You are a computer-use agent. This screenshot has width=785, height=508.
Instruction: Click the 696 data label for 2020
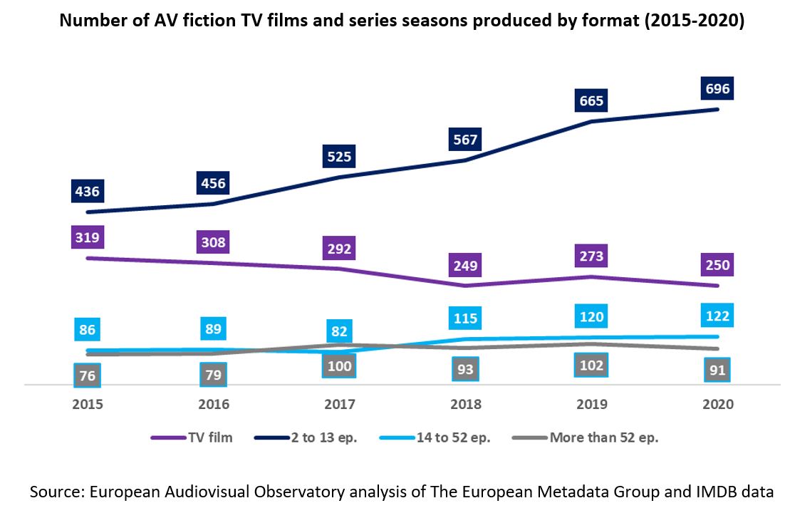tap(717, 89)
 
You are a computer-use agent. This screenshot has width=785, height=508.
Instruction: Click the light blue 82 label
tap(340, 331)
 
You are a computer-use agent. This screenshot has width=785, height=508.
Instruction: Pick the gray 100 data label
tap(340, 366)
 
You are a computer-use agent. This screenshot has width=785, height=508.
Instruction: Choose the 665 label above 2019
tap(591, 101)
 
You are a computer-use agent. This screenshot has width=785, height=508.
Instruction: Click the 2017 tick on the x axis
tap(340, 404)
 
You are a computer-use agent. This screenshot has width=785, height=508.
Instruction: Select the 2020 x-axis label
tap(717, 404)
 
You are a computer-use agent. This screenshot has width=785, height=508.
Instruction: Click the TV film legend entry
tap(192, 437)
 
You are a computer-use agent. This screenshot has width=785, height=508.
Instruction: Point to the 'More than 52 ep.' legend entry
tap(586, 437)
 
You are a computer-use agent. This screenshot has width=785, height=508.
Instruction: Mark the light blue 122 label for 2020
tap(717, 316)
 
